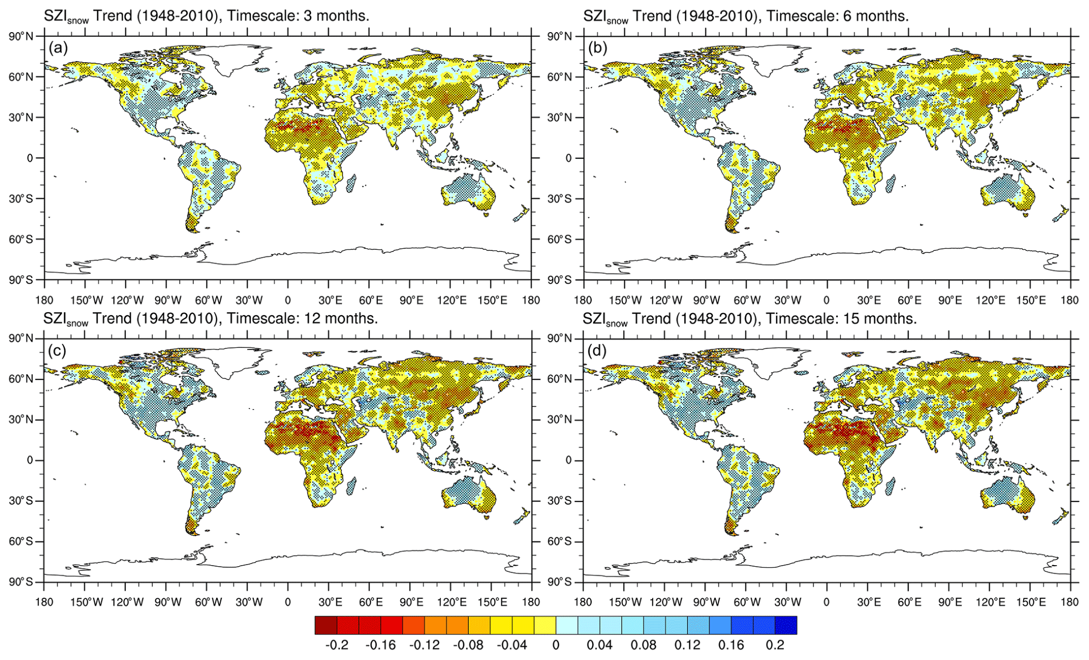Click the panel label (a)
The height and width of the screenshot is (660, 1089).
pyautogui.click(x=58, y=48)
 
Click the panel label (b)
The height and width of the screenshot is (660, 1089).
pyautogui.click(x=597, y=48)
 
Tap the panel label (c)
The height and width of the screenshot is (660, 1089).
pyautogui.click(x=57, y=351)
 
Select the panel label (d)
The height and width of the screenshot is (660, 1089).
pyautogui.click(x=597, y=351)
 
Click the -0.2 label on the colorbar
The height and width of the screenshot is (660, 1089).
pyautogui.click(x=337, y=645)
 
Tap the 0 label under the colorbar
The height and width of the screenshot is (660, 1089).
pyautogui.click(x=556, y=645)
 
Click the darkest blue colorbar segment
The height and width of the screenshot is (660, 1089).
pyautogui.click(x=786, y=625)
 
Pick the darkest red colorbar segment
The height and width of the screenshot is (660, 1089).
pyautogui.click(x=326, y=625)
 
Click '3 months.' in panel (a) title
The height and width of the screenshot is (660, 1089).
pyautogui.click(x=337, y=16)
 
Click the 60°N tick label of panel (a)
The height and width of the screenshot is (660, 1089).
pyautogui.click(x=22, y=77)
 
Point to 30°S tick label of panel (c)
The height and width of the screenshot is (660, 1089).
pyautogui.click(x=22, y=501)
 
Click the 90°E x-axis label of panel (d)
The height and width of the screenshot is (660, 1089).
pyautogui.click(x=950, y=602)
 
